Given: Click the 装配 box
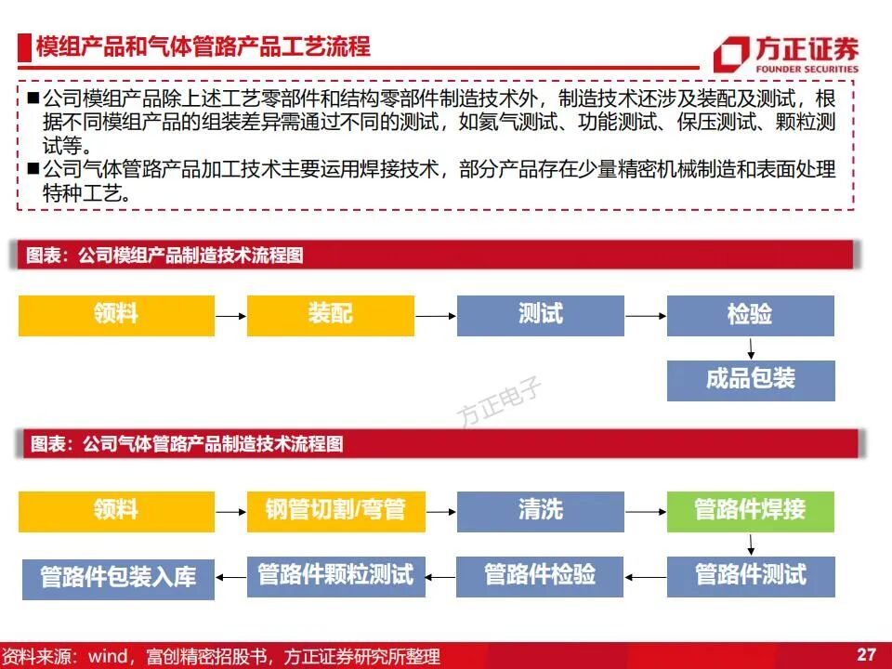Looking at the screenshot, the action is (x=330, y=315).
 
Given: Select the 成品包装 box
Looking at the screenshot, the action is (x=751, y=380).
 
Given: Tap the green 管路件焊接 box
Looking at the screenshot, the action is (x=751, y=511).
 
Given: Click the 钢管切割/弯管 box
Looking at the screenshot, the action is (x=330, y=511).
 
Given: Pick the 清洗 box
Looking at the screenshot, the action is (x=540, y=511).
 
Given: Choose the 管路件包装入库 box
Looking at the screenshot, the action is (x=118, y=578).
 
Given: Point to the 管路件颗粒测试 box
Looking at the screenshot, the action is (x=335, y=575).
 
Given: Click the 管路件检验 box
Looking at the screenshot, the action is (x=540, y=575).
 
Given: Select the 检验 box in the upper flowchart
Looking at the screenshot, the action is (x=751, y=315).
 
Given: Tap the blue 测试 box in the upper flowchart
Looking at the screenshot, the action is (x=540, y=315).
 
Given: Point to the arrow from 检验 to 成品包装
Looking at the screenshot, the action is (x=751, y=348).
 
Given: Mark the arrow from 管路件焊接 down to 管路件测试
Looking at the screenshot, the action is (x=751, y=544).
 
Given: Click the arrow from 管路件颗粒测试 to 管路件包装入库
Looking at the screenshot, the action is (x=230, y=577).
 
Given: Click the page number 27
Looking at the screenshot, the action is (x=866, y=654).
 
